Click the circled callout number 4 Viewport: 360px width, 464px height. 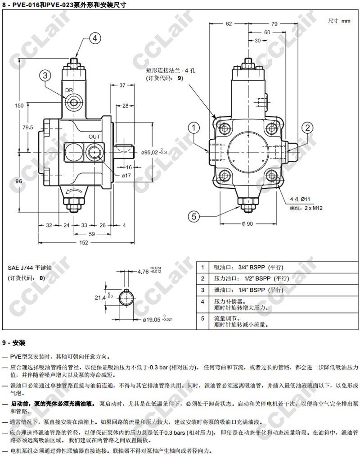[95, 38]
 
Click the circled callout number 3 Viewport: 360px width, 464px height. [45, 76]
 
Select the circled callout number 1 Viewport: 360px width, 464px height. [194, 128]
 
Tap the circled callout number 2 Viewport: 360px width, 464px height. [307, 128]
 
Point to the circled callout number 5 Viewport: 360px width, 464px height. [194, 216]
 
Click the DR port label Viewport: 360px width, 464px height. [69, 90]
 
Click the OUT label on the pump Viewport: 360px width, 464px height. [94, 136]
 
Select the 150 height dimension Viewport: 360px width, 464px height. [19, 105]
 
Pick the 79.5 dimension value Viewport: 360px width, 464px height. [28, 127]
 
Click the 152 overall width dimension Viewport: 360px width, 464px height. [84, 243]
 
